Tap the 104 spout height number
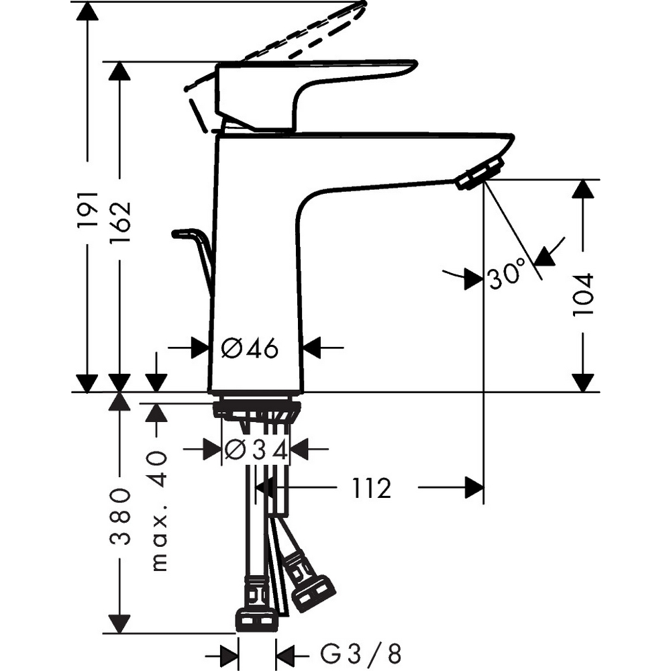tap(583, 295)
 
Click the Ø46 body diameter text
tap(250, 348)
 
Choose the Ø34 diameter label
tap(256, 450)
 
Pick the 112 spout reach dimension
tap(368, 488)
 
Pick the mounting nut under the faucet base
tap(256, 408)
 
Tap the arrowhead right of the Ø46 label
tap(313, 348)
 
